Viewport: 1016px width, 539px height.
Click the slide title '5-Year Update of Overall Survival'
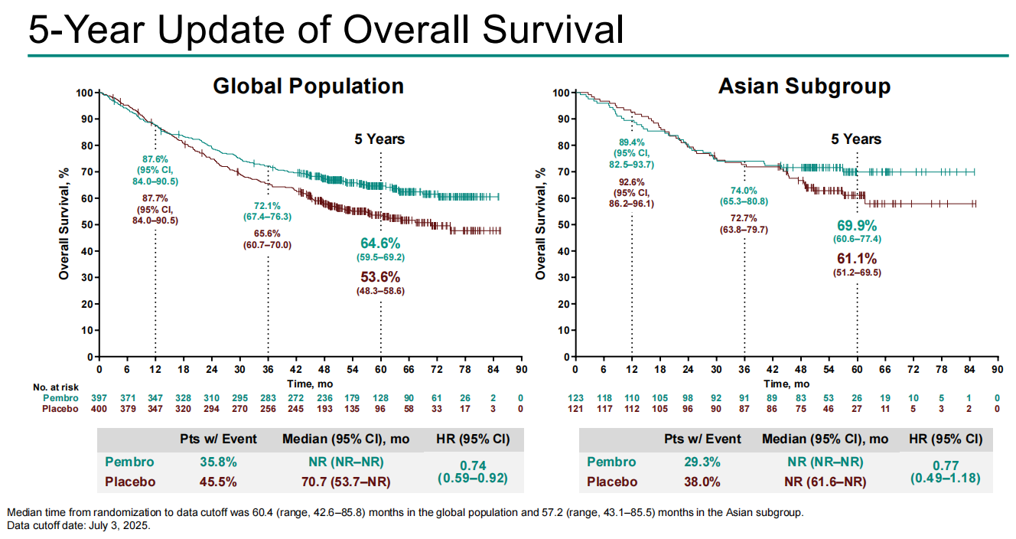click(x=326, y=30)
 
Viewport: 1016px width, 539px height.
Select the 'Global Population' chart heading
click(x=308, y=86)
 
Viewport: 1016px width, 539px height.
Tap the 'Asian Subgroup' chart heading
click(x=804, y=87)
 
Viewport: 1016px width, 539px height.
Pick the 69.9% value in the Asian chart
click(x=856, y=226)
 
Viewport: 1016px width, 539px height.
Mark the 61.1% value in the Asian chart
click(x=857, y=258)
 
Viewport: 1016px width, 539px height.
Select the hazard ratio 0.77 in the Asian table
click(x=946, y=465)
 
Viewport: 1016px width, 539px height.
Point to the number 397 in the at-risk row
click(x=99, y=398)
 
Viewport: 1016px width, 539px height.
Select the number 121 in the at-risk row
click(x=575, y=409)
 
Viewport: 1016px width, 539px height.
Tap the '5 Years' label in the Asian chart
click(x=856, y=139)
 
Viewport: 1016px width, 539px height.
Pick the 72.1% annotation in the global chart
click(x=267, y=206)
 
